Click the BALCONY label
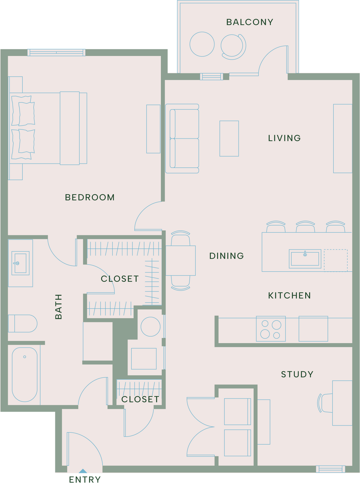(249, 22)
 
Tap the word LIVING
(284, 138)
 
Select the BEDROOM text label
(90, 197)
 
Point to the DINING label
(226, 256)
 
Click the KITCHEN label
(289, 296)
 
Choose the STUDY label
(297, 374)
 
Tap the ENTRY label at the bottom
(85, 479)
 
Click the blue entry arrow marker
(83, 471)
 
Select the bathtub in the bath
(25, 374)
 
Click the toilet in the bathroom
(23, 324)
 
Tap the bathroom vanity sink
(20, 263)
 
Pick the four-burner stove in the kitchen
(271, 329)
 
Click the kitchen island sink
(305, 259)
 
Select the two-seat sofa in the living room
(182, 139)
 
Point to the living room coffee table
(229, 139)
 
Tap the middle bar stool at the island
(305, 227)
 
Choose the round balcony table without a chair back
(202, 44)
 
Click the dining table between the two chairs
(181, 261)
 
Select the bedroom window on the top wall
(56, 52)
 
